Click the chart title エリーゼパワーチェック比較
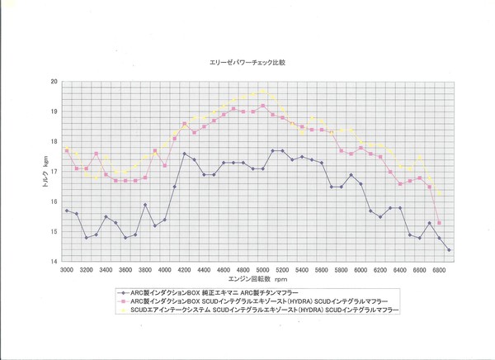(247, 62)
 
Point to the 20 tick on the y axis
(54, 82)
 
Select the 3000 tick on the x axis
(67, 270)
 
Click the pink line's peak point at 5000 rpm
(263, 106)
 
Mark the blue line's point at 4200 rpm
(185, 154)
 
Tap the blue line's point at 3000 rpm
(67, 211)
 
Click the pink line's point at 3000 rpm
(67, 151)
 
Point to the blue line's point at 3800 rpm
(145, 205)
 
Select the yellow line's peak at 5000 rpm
(263, 91)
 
